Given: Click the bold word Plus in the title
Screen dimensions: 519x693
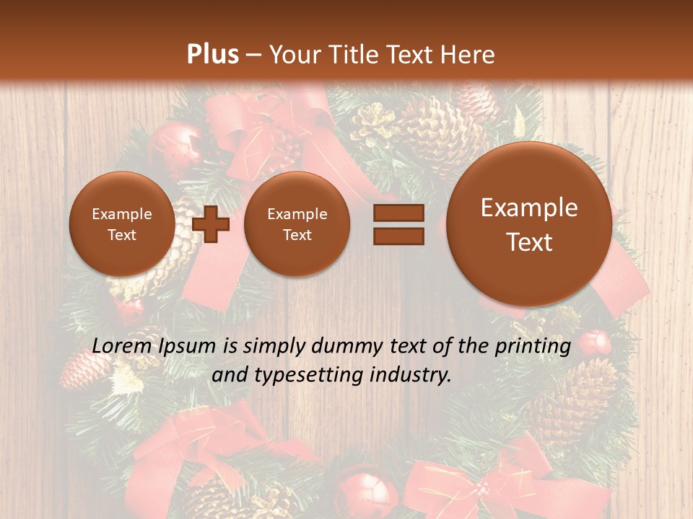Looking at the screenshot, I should coord(212,55).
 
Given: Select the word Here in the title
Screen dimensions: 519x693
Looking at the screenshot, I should coord(468,55).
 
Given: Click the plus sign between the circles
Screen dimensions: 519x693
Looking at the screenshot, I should coord(210,223).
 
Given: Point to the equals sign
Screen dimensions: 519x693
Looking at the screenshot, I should coord(398,224).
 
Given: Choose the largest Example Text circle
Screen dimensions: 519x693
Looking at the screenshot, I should coord(529,223).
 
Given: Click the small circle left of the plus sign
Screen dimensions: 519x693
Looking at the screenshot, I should coord(121,224).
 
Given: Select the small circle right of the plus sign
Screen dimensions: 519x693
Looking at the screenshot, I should coord(297,224).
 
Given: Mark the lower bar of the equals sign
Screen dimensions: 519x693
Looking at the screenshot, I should coord(398,236).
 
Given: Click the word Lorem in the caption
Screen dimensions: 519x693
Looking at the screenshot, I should coord(119,346).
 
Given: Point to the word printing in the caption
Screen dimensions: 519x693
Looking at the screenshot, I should coord(531,346).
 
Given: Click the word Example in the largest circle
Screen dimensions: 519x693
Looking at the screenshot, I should coord(529,208).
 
